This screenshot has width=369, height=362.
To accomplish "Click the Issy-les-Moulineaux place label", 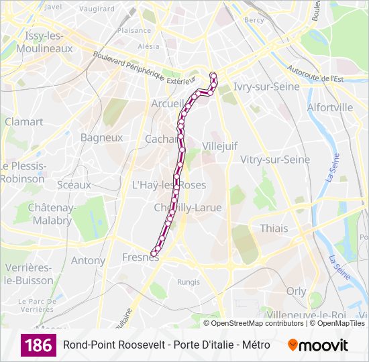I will tap(48, 42).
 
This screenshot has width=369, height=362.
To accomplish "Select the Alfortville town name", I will tap(329, 107).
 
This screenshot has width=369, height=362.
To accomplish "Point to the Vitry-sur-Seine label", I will tap(275, 160).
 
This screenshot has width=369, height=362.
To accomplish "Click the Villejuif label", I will tap(220, 145).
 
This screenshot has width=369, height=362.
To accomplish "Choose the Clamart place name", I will tap(23, 122).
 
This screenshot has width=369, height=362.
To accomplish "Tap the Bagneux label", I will tap(101, 137).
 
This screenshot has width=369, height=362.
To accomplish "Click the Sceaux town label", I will tap(74, 184).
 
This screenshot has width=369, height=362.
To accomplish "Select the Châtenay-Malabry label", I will tap(50, 214).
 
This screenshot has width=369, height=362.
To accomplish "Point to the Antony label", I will tap(88, 260).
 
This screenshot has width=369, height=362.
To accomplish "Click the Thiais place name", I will tap(274, 228).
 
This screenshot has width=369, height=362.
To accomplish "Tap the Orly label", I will tap(296, 291).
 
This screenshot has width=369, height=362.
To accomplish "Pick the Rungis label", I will tap(188, 282).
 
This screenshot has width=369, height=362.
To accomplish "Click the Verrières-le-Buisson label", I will tap(28, 274).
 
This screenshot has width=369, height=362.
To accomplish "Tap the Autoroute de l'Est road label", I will tap(315, 74).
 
